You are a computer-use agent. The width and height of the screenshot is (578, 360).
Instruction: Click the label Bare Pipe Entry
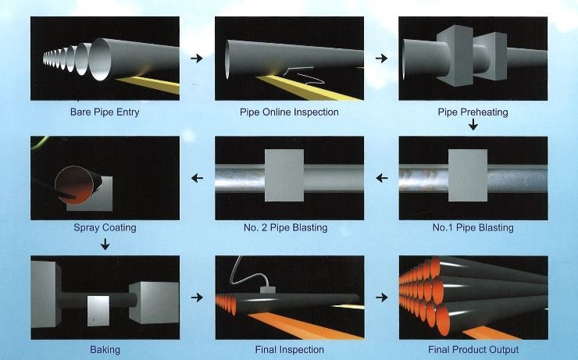(x=105, y=112)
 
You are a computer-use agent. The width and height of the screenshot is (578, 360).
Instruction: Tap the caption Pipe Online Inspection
(x=289, y=112)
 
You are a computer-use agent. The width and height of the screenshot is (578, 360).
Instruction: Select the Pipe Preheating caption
(x=473, y=112)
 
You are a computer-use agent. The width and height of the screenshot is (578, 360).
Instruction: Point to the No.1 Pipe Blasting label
(x=473, y=228)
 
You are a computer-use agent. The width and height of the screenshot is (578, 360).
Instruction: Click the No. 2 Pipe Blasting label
(x=289, y=228)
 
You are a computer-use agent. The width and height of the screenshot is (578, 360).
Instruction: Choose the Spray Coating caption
(x=105, y=228)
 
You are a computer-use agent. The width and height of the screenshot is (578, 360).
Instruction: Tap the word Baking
(x=105, y=349)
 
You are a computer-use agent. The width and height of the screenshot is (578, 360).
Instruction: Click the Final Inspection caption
(x=289, y=349)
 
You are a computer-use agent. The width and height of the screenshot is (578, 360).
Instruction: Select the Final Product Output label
(x=473, y=349)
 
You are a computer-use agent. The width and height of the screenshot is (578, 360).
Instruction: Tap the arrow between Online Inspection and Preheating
(x=381, y=59)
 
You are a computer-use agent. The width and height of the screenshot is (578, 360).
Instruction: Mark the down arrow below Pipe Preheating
(x=473, y=125)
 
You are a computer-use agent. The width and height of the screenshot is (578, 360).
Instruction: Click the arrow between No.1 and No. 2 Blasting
(x=381, y=179)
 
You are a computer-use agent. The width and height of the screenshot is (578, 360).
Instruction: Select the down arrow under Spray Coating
(x=105, y=245)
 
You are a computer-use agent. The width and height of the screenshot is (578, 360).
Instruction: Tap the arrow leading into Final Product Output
(x=381, y=298)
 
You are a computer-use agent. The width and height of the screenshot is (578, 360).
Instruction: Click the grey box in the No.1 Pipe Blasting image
(x=469, y=176)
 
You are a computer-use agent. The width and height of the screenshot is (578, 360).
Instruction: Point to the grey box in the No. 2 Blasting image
(x=284, y=176)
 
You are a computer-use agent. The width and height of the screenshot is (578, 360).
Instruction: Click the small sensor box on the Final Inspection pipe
(x=269, y=291)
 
